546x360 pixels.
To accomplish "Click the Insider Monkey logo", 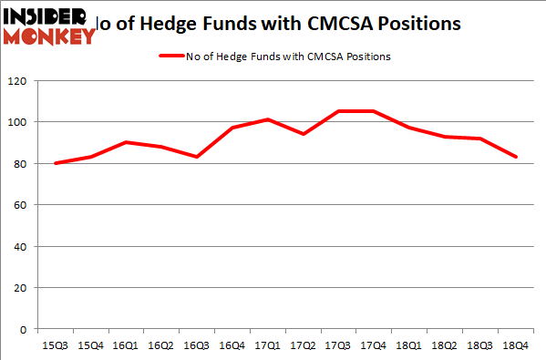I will point(49,26).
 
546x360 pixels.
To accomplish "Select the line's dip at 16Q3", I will point(197,157).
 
